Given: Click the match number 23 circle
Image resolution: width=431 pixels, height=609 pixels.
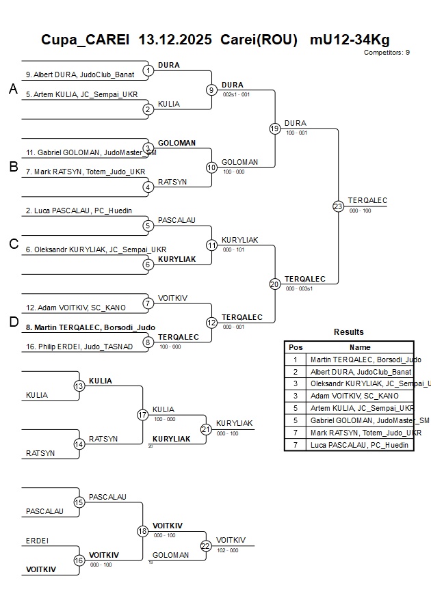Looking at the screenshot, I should [338, 206].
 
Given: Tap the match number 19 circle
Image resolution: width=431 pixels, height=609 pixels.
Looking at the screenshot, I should [274, 128].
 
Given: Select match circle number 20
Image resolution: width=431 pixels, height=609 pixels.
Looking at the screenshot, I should [274, 284].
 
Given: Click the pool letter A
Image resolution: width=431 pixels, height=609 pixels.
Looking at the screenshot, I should [13, 89].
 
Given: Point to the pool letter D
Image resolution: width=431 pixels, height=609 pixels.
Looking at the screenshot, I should [13, 322].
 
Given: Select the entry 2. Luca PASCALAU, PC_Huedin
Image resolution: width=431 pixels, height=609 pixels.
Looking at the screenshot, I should [79, 211].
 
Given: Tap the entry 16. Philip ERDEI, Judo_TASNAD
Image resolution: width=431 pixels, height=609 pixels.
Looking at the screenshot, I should [79, 347].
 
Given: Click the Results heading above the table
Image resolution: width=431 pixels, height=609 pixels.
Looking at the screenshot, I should [349, 332].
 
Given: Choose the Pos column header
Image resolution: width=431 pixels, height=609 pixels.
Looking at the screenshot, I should [296, 347].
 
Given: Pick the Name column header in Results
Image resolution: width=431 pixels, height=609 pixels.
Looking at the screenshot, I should [360, 347].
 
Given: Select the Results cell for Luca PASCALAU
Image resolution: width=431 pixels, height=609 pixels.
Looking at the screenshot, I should [360, 445].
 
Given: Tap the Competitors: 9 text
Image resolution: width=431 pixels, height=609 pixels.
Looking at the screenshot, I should [387, 53].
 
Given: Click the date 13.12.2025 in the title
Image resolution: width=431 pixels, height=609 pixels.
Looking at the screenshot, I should [174, 40].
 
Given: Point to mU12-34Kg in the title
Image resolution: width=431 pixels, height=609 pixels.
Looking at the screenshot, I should [350, 40].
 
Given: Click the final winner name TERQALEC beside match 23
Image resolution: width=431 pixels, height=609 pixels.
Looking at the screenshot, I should [367, 200].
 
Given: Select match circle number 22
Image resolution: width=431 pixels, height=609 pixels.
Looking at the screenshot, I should [206, 545].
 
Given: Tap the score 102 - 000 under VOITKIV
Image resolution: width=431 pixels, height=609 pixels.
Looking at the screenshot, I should [228, 550].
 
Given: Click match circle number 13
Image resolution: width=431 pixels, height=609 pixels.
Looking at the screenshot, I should [79, 386].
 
